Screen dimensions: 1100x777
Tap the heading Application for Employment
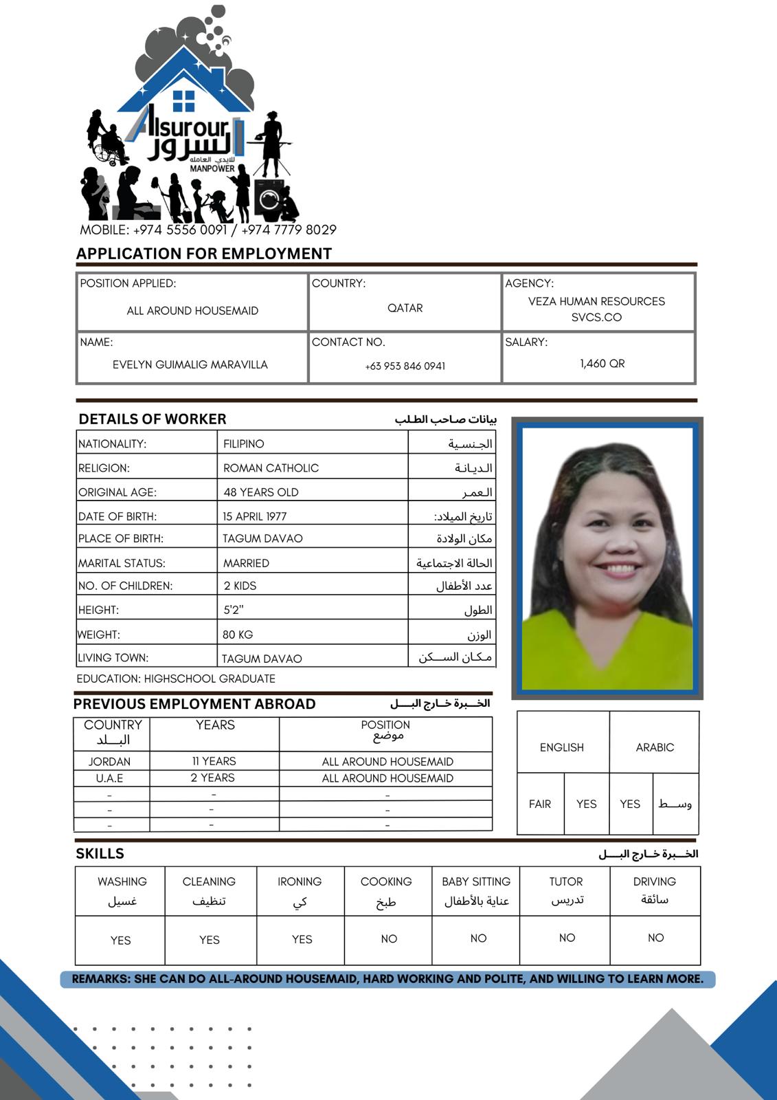click(203, 254)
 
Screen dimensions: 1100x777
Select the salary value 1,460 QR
click(602, 364)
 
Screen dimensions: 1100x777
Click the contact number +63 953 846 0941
click(405, 366)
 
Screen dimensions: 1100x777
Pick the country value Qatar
click(405, 308)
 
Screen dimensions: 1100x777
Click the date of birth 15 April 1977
click(254, 516)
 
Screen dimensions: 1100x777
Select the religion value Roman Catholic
click(271, 468)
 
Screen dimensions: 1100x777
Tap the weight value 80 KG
click(238, 635)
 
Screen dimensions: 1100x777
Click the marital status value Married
click(246, 563)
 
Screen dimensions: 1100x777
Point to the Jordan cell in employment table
click(109, 762)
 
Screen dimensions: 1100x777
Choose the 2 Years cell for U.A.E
click(213, 778)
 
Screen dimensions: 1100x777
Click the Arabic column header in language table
click(655, 747)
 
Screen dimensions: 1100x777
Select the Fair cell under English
click(540, 804)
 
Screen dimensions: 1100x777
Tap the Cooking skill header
click(386, 881)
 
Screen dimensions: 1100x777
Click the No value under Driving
click(655, 938)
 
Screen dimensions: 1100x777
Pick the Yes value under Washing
click(120, 940)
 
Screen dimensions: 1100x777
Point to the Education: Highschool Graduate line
click(176, 679)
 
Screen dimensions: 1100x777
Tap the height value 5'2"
click(234, 610)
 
